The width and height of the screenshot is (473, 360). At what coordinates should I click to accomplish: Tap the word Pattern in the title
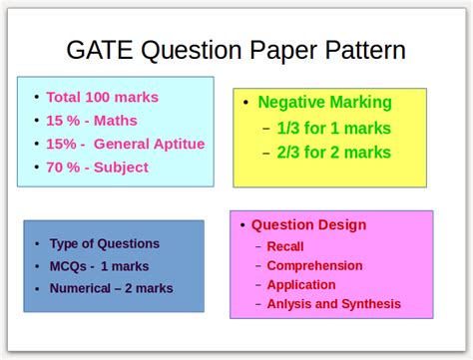click(x=356, y=49)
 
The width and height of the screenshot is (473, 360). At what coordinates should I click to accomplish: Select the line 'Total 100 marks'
click(x=103, y=98)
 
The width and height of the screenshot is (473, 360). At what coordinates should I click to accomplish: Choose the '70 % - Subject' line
click(x=98, y=167)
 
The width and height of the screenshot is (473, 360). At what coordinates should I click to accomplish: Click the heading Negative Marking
click(x=324, y=102)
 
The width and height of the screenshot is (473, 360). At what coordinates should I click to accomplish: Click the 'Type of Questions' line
click(x=104, y=243)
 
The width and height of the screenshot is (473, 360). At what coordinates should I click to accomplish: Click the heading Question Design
click(x=308, y=225)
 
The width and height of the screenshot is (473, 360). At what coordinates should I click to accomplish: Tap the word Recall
click(x=285, y=246)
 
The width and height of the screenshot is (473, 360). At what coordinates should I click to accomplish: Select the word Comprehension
click(x=314, y=265)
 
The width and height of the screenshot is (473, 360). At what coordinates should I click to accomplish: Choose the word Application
click(x=301, y=284)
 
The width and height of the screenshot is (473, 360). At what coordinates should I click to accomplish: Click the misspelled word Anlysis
click(x=288, y=303)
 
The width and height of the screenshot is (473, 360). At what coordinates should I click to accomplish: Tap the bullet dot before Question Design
click(x=242, y=226)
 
